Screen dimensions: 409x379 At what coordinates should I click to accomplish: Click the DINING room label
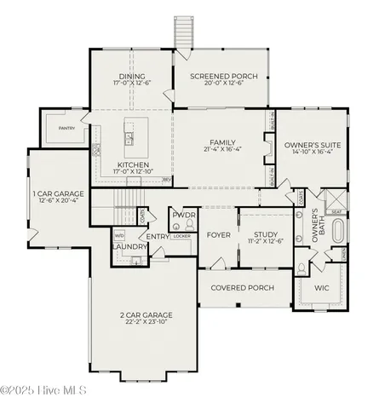coord(132,76)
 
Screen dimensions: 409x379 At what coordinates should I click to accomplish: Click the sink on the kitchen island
coord(130,135)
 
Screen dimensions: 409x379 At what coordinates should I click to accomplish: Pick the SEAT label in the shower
coord(336,212)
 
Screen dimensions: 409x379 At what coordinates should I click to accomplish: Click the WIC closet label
coord(322,288)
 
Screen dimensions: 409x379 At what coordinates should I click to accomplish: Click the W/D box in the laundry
coord(119,237)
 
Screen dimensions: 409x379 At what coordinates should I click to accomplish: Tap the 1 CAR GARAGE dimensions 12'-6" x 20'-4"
coord(58,203)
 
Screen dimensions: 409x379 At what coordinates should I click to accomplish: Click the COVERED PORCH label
coord(242,288)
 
